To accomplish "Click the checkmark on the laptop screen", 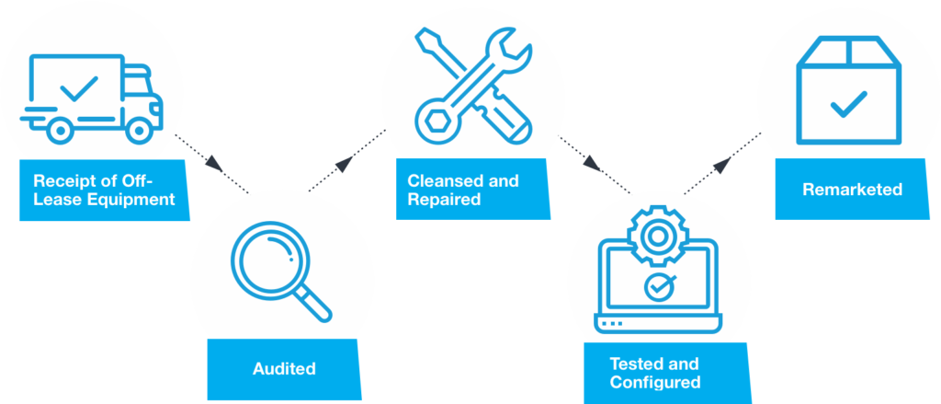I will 656,287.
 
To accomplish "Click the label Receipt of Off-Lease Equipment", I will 103,189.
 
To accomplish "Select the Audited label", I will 284,369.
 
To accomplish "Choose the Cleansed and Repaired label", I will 463,189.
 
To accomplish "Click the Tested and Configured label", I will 654,373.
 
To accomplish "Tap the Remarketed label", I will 852,190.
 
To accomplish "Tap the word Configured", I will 655,382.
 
